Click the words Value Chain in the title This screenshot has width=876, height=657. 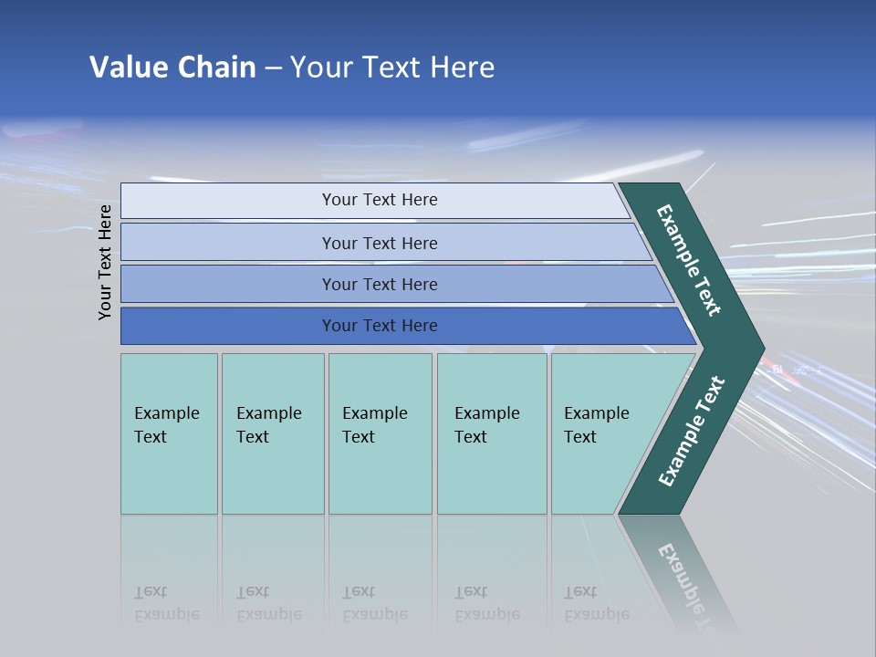pyautogui.click(x=172, y=68)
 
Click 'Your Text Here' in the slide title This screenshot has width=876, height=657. pyautogui.click(x=392, y=68)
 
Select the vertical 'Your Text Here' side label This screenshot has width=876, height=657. pyautogui.click(x=105, y=262)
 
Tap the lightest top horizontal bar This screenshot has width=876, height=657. pyautogui.click(x=380, y=200)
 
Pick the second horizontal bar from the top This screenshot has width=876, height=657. pyautogui.click(x=380, y=243)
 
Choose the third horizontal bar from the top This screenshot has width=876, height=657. pyautogui.click(x=380, y=284)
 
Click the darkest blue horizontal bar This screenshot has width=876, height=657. pyautogui.click(x=380, y=326)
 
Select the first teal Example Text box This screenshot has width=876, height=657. pyautogui.click(x=169, y=433)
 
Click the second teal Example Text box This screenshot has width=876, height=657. pyautogui.click(x=272, y=433)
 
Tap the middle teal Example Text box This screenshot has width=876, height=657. pyautogui.click(x=380, y=433)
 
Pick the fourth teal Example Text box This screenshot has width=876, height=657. pyautogui.click(x=492, y=433)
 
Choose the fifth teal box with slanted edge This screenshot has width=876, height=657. pyautogui.click(x=602, y=433)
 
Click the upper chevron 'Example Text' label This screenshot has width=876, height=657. pyautogui.click(x=690, y=260)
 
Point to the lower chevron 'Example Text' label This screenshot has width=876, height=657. pyautogui.click(x=691, y=432)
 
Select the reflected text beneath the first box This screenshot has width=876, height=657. pyautogui.click(x=167, y=603)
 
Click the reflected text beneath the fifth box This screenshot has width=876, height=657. pyautogui.click(x=597, y=603)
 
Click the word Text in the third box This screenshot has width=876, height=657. pyautogui.click(x=359, y=437)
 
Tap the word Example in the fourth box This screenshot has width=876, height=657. pyautogui.click(x=487, y=413)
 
